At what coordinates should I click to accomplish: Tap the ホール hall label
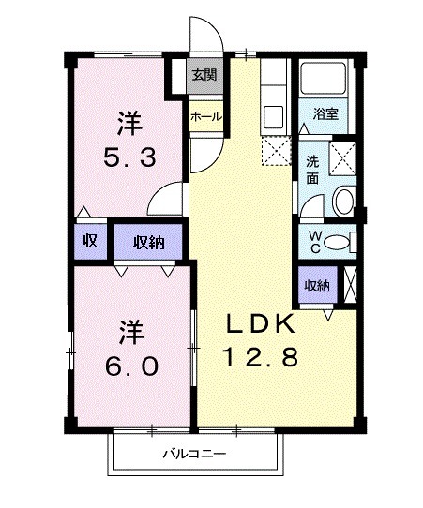tap(205, 117)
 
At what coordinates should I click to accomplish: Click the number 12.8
tap(260, 356)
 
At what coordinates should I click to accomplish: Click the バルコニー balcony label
tap(195, 456)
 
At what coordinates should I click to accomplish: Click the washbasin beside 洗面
tap(343, 200)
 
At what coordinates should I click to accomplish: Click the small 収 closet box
tap(90, 241)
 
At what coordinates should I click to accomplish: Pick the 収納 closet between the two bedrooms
tap(149, 241)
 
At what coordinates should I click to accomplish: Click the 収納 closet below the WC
tap(316, 286)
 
